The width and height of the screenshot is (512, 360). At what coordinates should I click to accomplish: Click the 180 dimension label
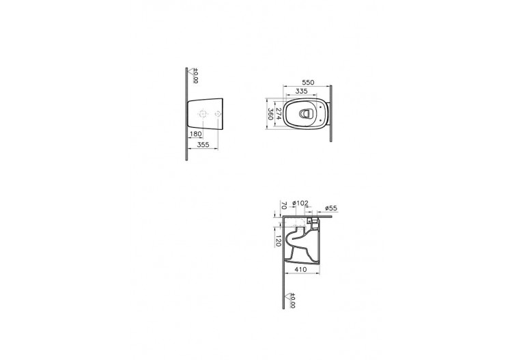197,135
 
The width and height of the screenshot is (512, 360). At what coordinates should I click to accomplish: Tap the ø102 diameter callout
301,204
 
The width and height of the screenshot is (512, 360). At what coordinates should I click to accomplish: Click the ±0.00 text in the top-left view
195,77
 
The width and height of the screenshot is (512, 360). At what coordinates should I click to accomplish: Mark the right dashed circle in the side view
218,113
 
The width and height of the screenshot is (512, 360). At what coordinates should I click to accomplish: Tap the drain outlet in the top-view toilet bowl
309,113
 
